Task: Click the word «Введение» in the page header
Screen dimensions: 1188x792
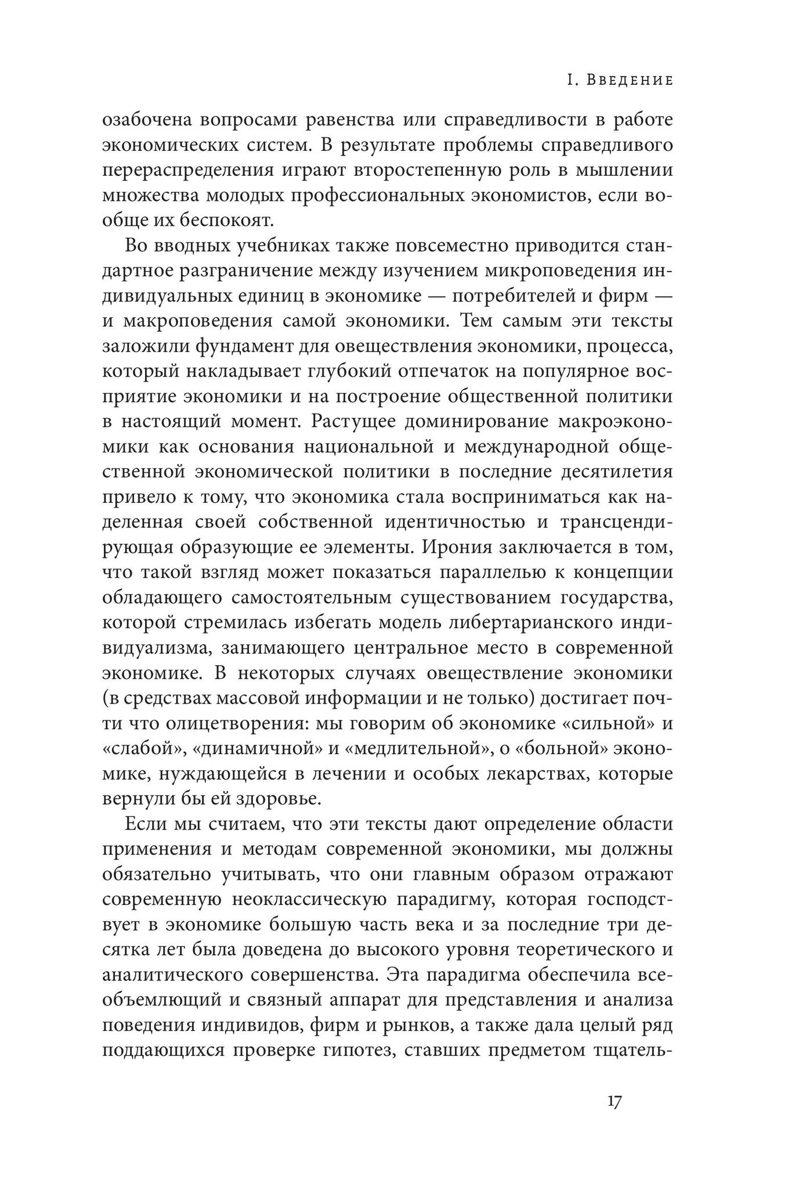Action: (x=630, y=80)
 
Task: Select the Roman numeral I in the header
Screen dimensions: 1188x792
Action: (x=570, y=80)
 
